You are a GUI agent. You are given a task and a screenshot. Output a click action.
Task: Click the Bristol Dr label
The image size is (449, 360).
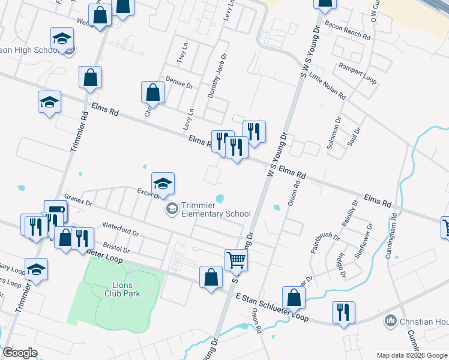[116, 247]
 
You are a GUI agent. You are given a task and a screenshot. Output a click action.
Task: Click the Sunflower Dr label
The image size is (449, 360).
[363, 241]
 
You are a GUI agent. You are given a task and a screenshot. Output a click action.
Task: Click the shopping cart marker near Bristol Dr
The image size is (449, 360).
[237, 259]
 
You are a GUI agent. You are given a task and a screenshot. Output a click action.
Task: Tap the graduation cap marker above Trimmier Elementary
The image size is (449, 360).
[163, 184]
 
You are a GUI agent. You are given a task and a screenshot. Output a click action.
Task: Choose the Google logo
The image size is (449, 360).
[20, 353]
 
